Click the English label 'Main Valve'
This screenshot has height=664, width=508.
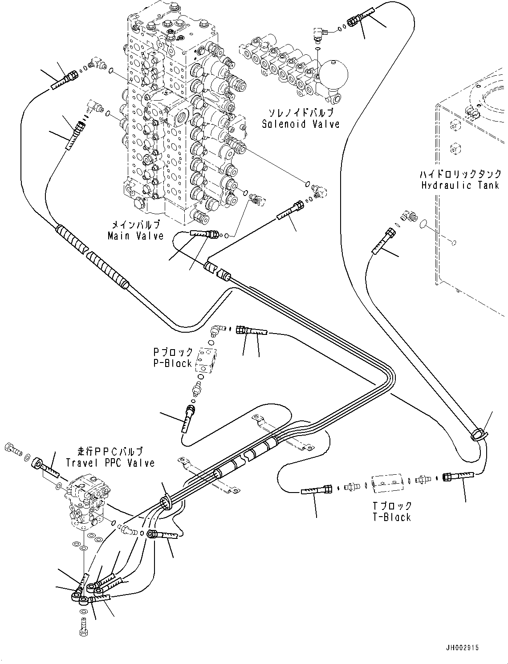pos(135,236)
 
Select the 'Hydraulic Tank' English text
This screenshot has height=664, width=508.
pos(461,185)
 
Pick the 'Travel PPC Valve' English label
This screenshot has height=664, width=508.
pos(110,463)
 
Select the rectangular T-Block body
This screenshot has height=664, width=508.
pos(386,482)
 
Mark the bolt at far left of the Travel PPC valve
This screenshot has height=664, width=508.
pos(12,448)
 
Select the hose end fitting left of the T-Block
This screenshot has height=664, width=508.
pos(317,490)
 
